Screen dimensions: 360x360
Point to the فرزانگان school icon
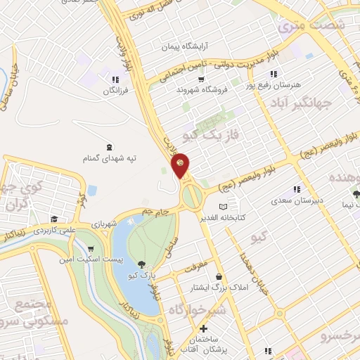click(115, 79)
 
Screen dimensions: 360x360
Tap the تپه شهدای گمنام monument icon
click(108, 147)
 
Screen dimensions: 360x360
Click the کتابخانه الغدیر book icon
click(223, 207)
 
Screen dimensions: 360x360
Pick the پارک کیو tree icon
click(143, 264)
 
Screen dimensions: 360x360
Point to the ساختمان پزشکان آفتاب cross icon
click(204, 328)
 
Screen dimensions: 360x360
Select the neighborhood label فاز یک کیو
click(212, 129)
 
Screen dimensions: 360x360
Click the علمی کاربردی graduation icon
click(54, 219)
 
